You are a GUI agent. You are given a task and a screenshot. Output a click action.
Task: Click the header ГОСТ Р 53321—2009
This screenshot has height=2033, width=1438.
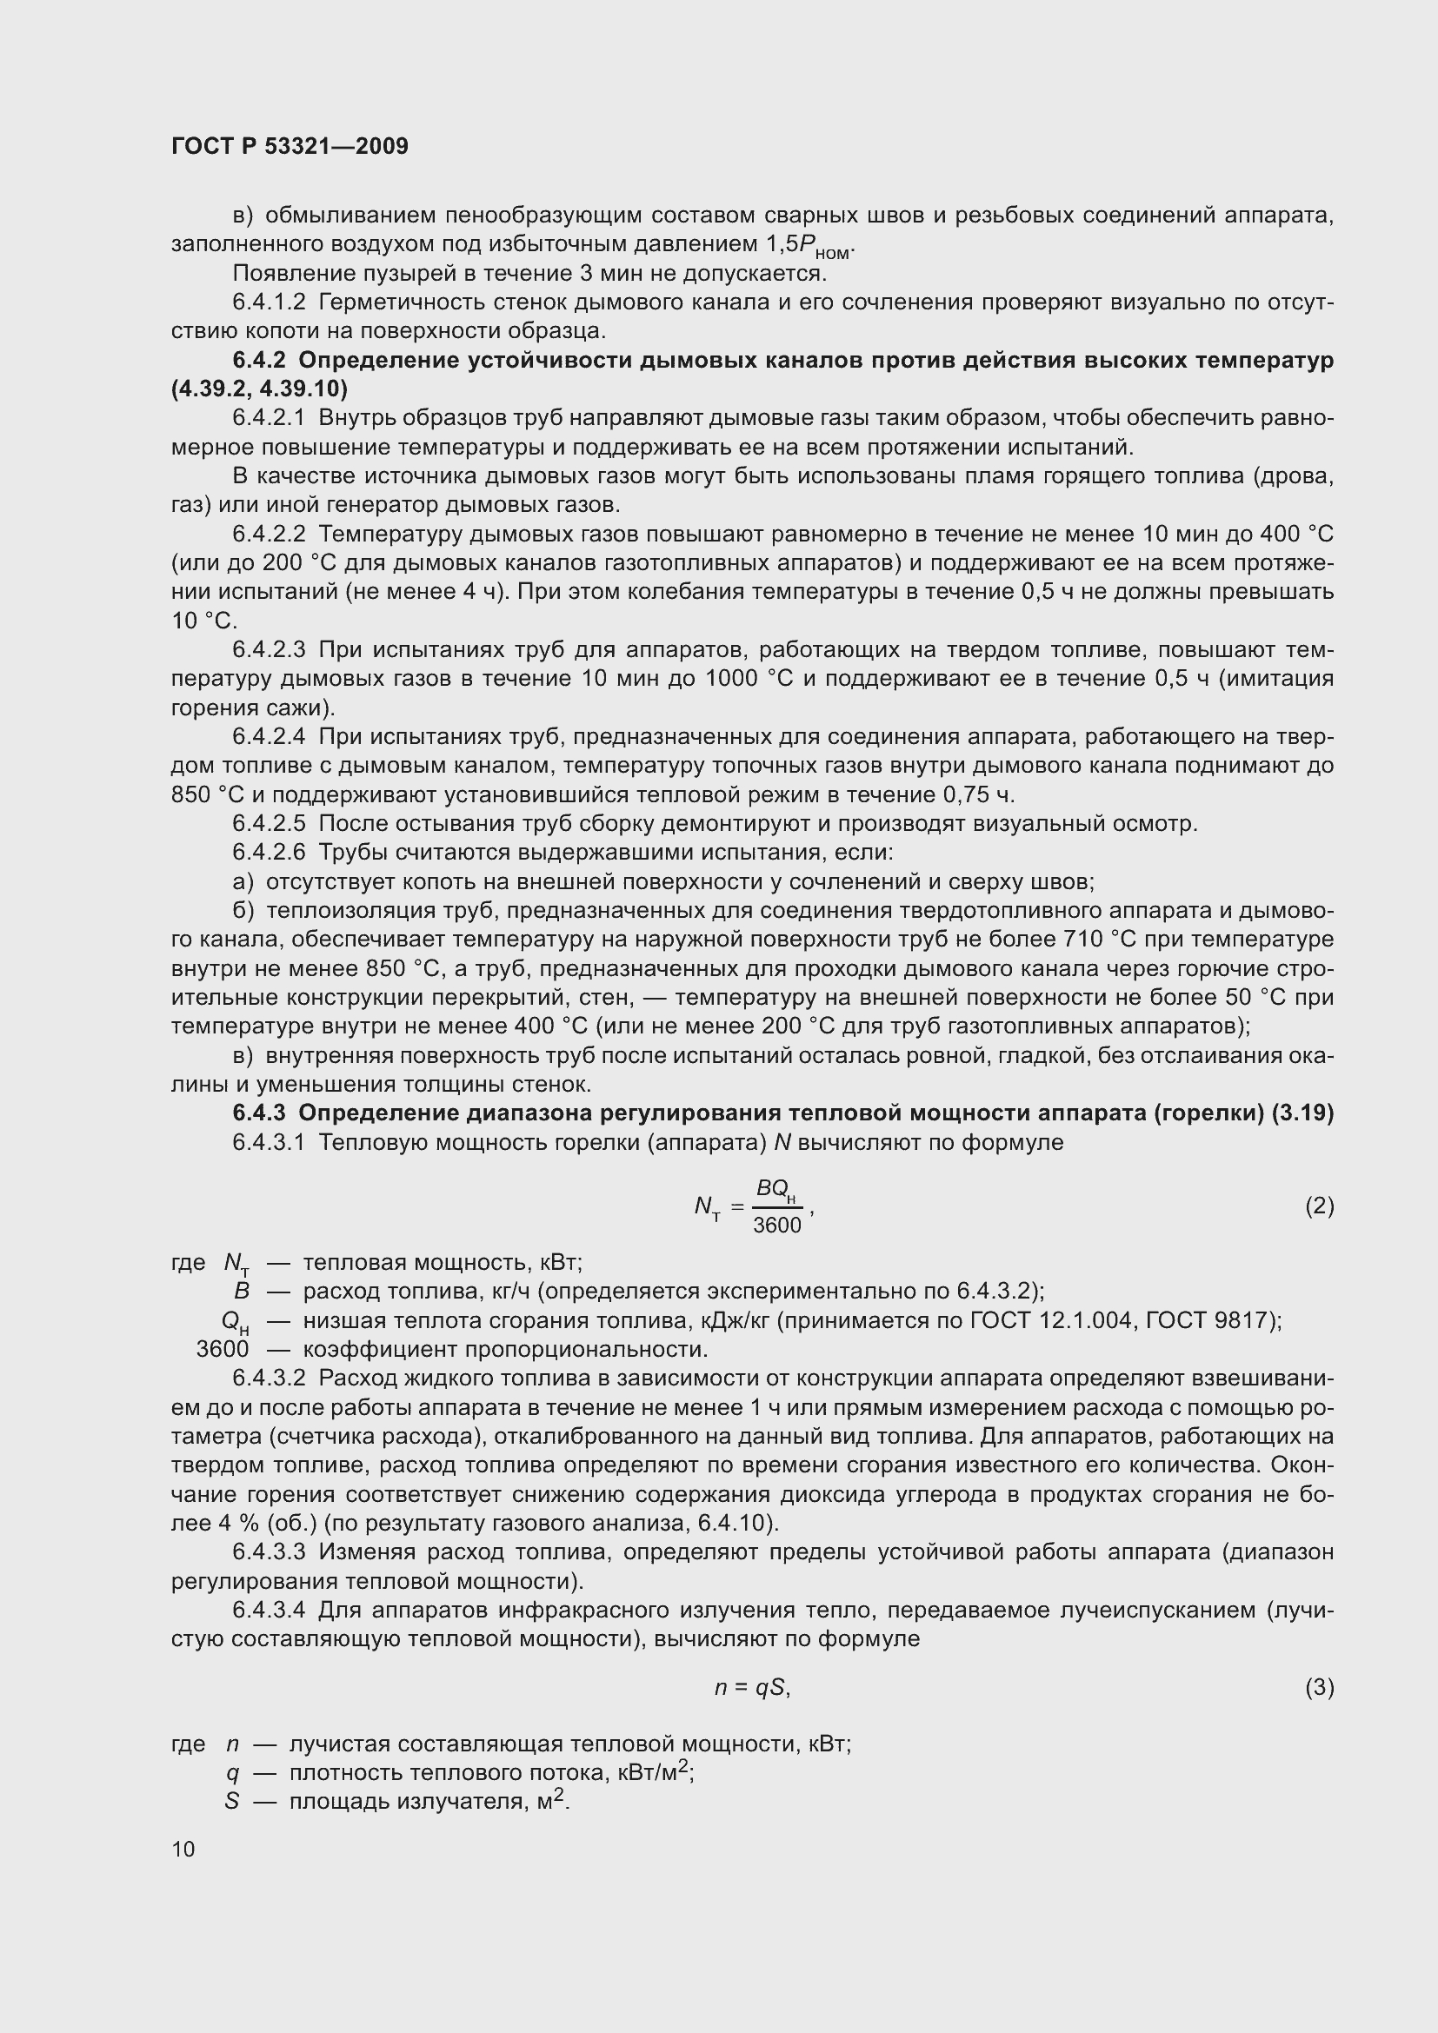coord(290,146)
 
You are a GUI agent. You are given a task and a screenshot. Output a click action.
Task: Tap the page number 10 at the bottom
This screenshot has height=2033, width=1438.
coord(183,1849)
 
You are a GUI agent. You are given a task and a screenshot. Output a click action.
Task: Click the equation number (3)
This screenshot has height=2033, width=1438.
coord(1319,1687)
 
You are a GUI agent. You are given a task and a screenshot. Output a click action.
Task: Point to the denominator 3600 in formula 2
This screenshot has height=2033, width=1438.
coord(776,1226)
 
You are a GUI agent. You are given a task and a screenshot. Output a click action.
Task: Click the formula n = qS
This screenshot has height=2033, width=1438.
coord(752,1688)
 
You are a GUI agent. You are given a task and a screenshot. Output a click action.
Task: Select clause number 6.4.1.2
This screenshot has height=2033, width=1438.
coord(270,302)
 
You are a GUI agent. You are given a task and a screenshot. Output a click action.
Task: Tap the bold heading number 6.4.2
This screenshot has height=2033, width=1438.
coord(259,361)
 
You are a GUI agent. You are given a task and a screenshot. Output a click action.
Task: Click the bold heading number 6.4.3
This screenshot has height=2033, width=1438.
coord(259,1113)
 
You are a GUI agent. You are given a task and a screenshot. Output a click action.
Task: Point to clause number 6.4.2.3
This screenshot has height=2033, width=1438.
coord(270,650)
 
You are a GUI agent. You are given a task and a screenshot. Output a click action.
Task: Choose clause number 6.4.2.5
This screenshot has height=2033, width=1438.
coord(270,823)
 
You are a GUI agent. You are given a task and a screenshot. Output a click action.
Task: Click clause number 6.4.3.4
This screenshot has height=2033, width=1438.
coord(270,1609)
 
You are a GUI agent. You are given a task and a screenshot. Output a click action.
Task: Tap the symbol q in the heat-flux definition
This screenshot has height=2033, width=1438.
coord(232,1772)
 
